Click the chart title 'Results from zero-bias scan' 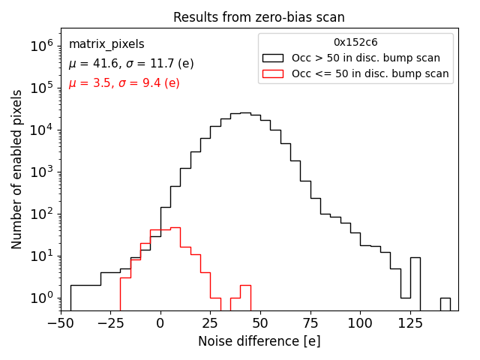(x=259, y=17)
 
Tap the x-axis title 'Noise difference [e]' (x=259, y=341)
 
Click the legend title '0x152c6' (x=355, y=43)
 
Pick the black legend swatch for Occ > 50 (x=274, y=58)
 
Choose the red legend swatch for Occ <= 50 (x=274, y=73)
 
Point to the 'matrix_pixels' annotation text (x=106, y=44)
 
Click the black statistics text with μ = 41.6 (x=131, y=64)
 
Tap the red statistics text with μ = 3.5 (x=124, y=82)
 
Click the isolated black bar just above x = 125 (x=415, y=283)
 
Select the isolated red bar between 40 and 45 (x=245, y=297)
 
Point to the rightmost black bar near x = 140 (x=445, y=304)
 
